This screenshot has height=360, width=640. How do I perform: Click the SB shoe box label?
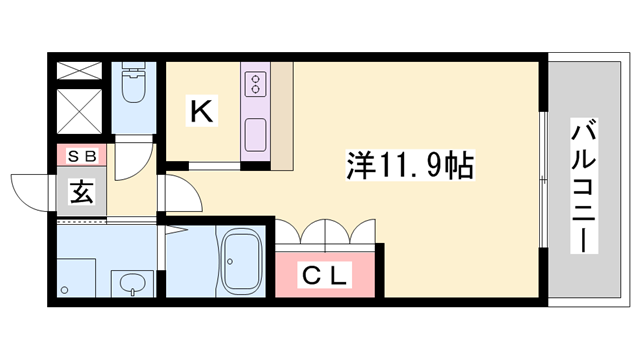pyautogui.click(x=81, y=155)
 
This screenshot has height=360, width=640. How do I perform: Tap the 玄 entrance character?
pyautogui.click(x=81, y=192)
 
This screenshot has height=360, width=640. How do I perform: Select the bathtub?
pyautogui.click(x=240, y=262)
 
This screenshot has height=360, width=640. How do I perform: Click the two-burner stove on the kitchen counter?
pyautogui.click(x=254, y=83)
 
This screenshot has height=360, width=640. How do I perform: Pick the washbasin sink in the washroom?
pyautogui.click(x=130, y=285)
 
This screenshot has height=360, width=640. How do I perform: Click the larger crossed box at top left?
pyautogui.click(x=80, y=111)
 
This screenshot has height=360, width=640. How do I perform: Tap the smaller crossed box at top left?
pyautogui.click(x=80, y=71)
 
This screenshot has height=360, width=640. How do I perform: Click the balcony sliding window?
pyautogui.click(x=543, y=181)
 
